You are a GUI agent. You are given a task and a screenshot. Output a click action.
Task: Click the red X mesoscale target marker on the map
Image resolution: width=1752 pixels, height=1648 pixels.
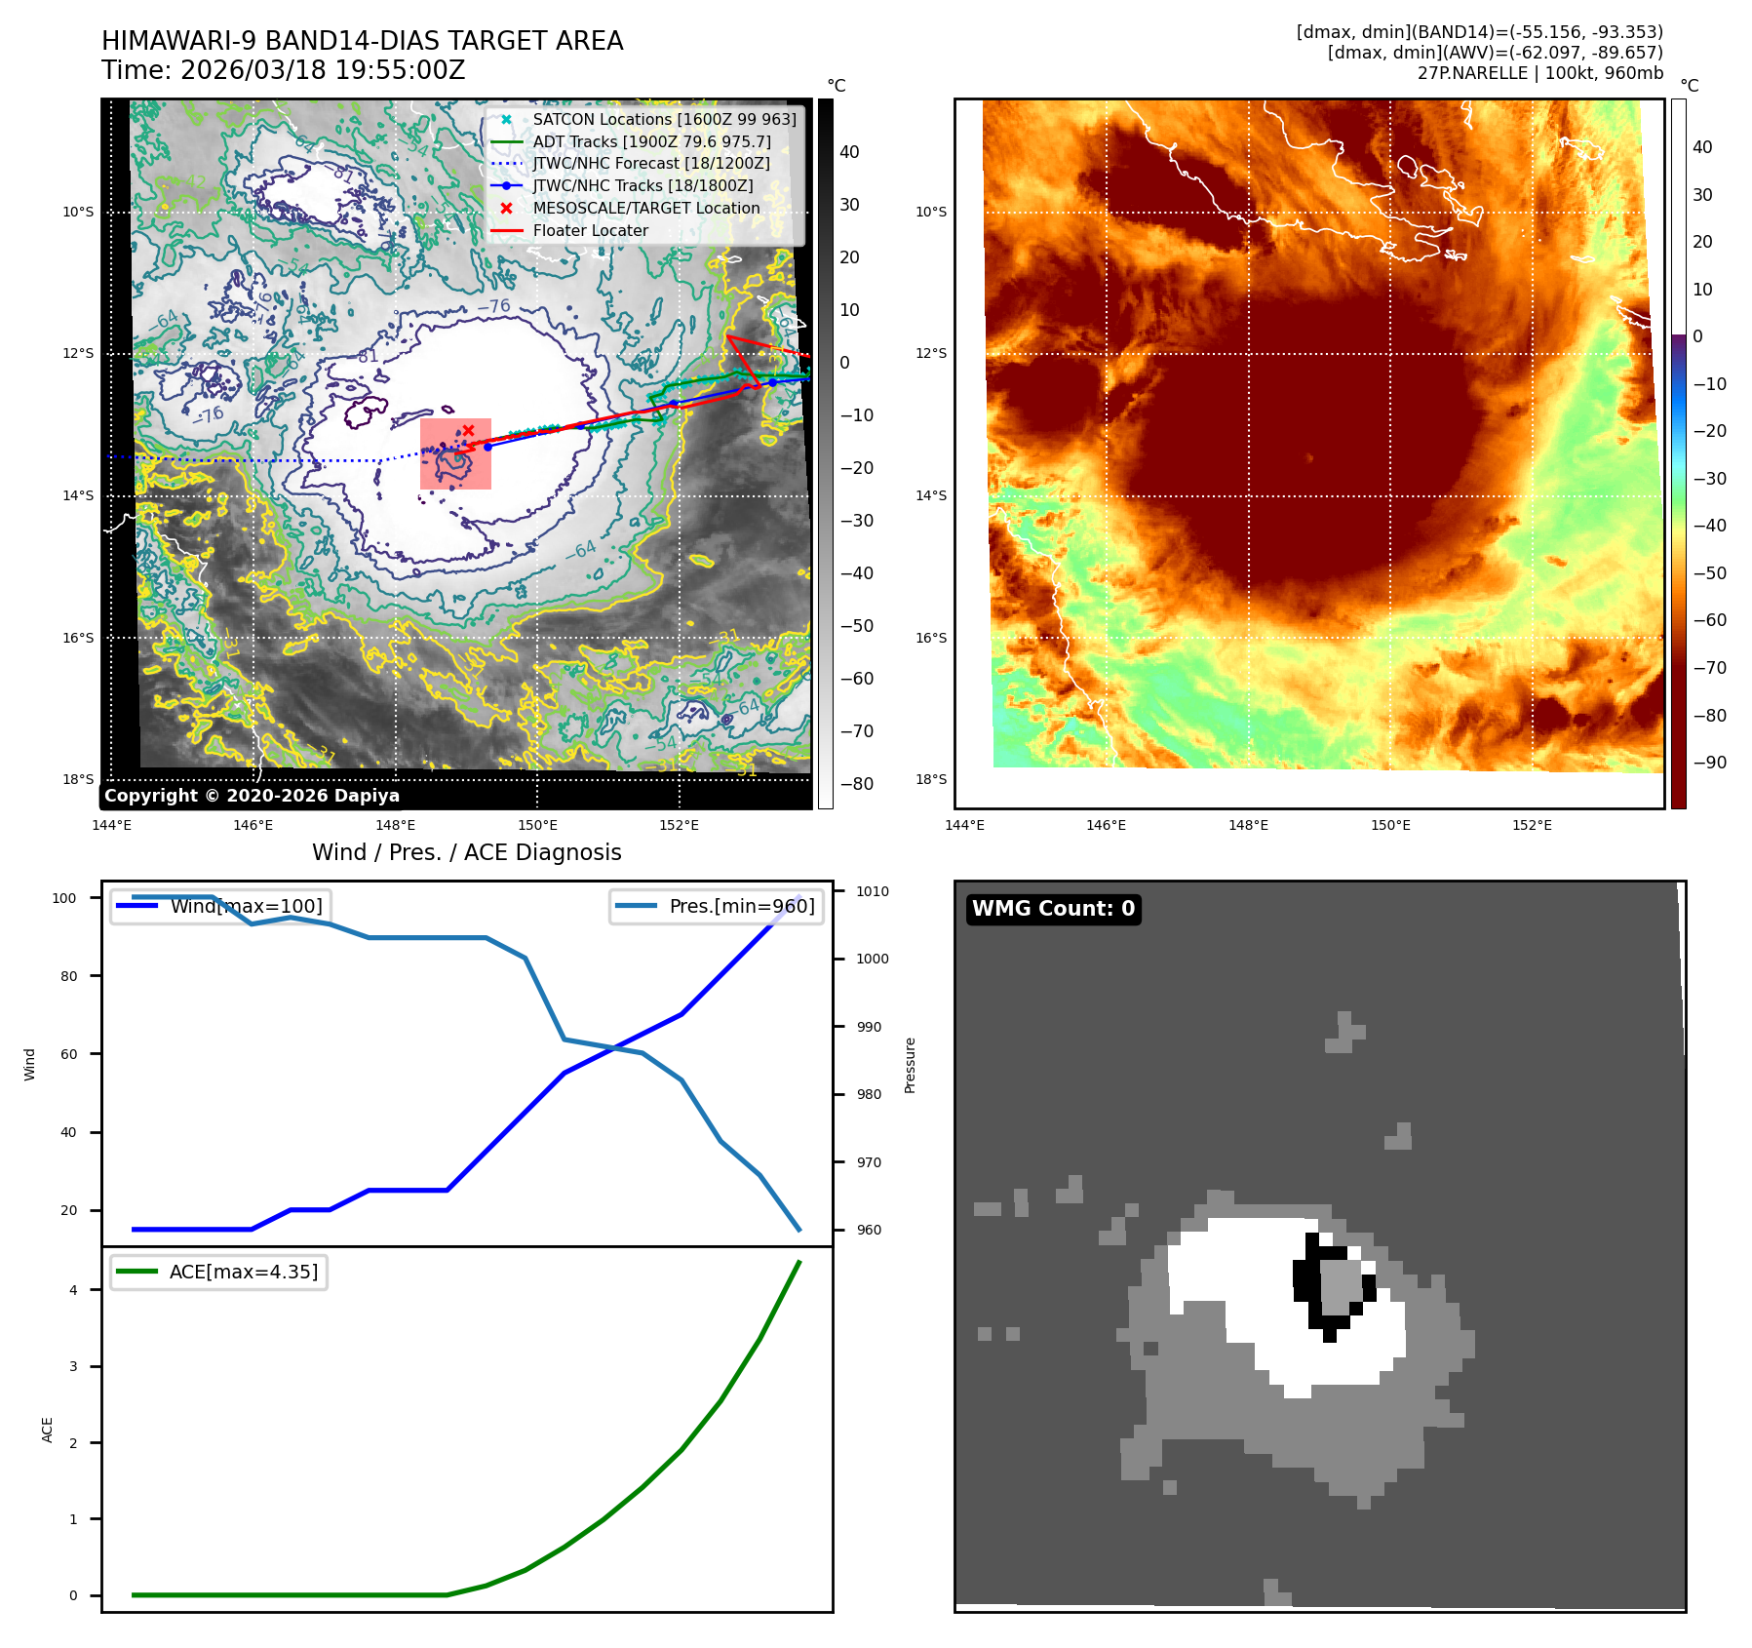[x=468, y=430]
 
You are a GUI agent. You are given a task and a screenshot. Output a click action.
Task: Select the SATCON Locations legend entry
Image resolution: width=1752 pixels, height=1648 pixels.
[x=663, y=119]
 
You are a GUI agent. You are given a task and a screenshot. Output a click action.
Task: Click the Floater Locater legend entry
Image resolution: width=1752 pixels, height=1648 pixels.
[x=590, y=231]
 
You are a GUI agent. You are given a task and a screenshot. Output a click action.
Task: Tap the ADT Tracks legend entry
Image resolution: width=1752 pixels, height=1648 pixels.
[x=651, y=141]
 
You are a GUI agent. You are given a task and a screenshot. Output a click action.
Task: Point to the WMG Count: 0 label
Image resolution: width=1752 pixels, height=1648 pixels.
[x=1053, y=909]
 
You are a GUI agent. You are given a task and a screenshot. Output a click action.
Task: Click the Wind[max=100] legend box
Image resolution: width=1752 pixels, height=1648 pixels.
[x=219, y=906]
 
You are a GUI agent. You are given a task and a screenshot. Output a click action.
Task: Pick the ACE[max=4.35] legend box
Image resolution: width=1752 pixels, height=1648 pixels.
[x=219, y=1272]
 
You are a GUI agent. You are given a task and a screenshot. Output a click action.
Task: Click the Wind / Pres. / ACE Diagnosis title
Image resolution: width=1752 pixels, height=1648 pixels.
[x=466, y=852]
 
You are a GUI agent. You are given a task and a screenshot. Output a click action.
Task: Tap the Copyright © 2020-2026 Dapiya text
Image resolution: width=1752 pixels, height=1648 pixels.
[x=252, y=796]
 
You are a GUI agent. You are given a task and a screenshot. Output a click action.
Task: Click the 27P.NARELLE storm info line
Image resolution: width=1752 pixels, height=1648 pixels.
[x=1539, y=73]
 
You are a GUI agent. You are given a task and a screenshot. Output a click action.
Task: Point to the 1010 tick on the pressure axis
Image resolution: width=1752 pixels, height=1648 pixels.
[x=872, y=891]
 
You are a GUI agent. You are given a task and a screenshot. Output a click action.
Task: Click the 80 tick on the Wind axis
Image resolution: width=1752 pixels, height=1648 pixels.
[x=68, y=976]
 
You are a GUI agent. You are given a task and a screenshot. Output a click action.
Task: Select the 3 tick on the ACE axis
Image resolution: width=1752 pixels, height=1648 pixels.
[x=73, y=1366]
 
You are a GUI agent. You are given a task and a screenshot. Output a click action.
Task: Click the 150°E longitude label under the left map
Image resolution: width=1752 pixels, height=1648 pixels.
[x=537, y=826]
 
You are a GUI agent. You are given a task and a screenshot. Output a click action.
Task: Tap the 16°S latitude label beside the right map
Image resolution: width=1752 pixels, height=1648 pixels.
[x=930, y=638]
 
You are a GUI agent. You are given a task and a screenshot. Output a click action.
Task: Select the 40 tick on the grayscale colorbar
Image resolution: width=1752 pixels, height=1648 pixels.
[x=849, y=152]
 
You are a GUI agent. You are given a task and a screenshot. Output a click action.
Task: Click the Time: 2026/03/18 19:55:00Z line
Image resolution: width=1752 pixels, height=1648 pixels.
[x=283, y=70]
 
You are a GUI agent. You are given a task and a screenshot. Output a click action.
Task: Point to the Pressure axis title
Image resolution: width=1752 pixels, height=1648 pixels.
[x=910, y=1065]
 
